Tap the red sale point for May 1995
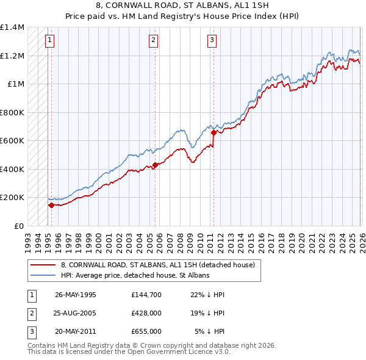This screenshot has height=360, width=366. [x=51, y=206]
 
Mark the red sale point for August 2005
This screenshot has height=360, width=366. [x=155, y=165]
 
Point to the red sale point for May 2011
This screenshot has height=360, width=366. [x=213, y=132]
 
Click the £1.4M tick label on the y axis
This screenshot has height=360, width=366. [x=12, y=27]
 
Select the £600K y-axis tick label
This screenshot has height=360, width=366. [x=12, y=141]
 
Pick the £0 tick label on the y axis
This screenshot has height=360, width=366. [x=18, y=226]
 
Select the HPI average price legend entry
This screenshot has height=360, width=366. [x=135, y=275]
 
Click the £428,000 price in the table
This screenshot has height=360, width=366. [x=146, y=313]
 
